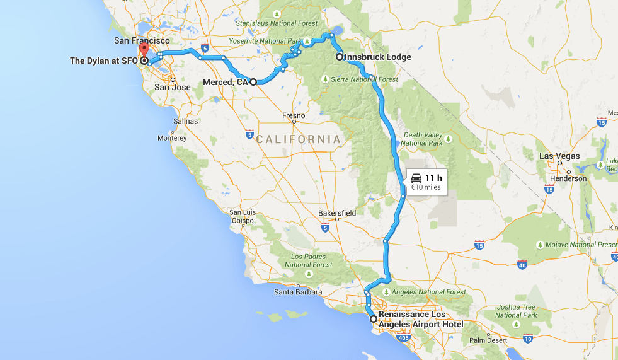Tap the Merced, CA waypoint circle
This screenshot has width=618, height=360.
pos(253,82)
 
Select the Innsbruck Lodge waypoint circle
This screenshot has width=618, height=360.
pos(340,57)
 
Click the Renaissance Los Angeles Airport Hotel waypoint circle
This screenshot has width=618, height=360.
pos(374,319)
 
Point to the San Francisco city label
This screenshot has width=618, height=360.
pos(142,40)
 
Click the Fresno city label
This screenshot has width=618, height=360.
pos(294,116)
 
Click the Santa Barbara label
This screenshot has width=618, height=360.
pos(298,292)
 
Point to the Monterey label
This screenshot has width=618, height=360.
pos(172,138)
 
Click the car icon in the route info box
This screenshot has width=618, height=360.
pos(416,178)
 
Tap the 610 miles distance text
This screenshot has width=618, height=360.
pos(426,187)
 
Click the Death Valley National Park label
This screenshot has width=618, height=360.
pos(422,139)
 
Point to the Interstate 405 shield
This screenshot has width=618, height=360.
pos(403,338)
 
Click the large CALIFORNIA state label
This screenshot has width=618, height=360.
pos(298,139)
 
